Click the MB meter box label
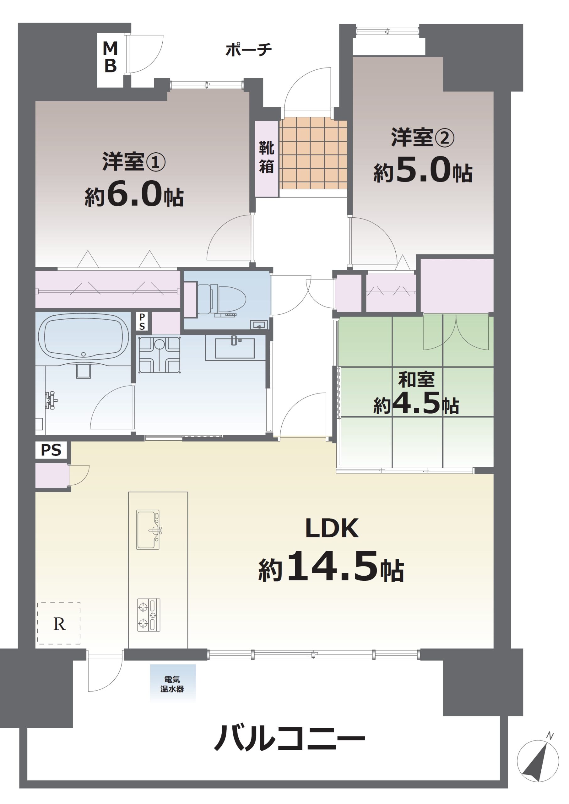tap(110, 57)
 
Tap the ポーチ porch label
tap(248, 50)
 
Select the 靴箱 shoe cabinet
tap(267, 159)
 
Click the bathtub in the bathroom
tap(84, 337)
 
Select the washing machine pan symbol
tap(160, 355)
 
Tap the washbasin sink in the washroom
tap(235, 348)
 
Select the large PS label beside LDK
tap(51, 450)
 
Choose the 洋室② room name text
tap(423, 137)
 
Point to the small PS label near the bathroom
tap(142, 322)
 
